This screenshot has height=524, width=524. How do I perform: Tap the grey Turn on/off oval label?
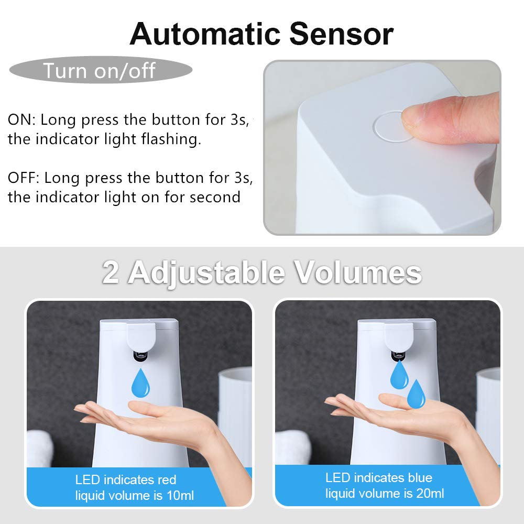tap(100, 70)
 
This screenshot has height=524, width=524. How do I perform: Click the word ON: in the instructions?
tap(21, 119)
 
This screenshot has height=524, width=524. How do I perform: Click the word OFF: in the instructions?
tap(24, 178)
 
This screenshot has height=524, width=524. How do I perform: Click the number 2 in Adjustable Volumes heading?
tap(111, 272)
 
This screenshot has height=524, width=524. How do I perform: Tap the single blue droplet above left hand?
tap(140, 383)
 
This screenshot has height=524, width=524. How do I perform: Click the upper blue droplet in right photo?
tap(399, 374)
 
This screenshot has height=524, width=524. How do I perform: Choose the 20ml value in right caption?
tap(429, 493)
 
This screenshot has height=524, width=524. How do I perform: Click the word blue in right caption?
tap(419, 477)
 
